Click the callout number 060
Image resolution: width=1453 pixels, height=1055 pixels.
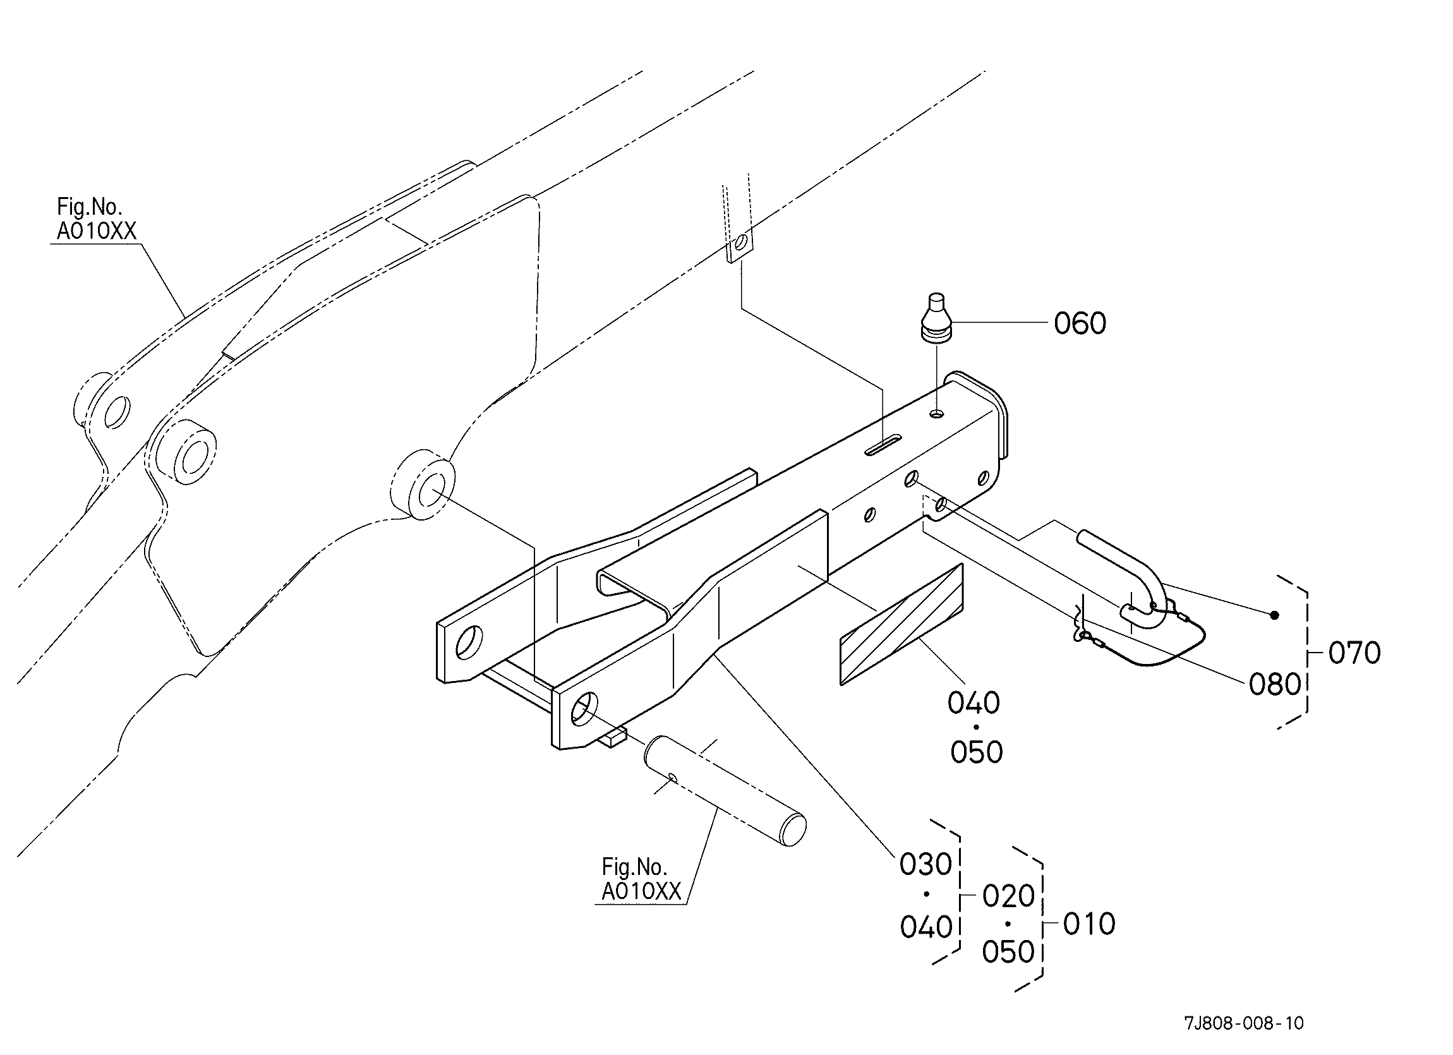click(1080, 323)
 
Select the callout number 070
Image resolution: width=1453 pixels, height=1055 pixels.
click(1354, 653)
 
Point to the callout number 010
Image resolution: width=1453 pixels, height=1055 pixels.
click(1089, 924)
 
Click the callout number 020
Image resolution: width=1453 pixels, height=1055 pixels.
click(1008, 896)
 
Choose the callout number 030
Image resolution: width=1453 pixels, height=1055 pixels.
click(925, 865)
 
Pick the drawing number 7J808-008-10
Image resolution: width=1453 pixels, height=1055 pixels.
click(1243, 1023)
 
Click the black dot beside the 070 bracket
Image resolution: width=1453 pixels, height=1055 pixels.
click(1274, 615)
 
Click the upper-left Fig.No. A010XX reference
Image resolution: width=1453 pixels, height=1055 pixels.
click(96, 219)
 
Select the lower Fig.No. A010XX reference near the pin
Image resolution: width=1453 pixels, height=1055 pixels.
click(641, 879)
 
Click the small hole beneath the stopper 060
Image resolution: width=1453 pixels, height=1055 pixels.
click(938, 414)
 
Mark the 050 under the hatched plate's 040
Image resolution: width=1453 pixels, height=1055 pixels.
click(975, 752)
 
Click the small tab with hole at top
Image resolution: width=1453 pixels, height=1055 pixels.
click(740, 244)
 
